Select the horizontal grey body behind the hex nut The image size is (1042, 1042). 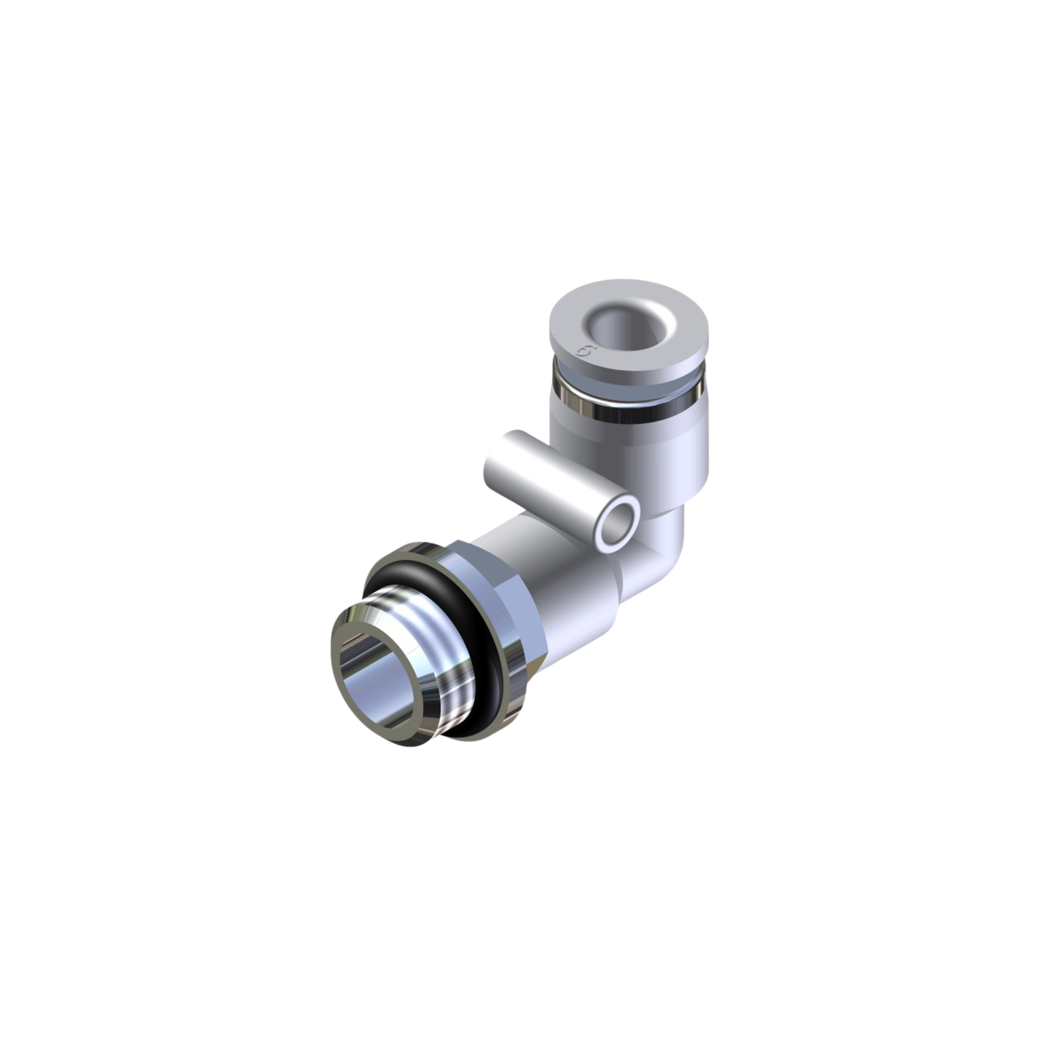tap(582, 609)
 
